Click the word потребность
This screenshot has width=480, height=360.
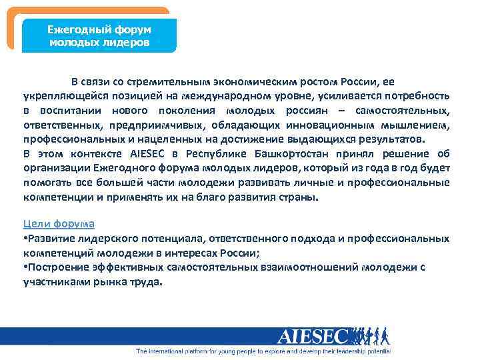pos(417,97)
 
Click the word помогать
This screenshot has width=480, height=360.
pos(47,183)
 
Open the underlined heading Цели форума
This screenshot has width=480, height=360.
pos(59,224)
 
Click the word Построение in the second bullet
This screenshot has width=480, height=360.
pos(58,267)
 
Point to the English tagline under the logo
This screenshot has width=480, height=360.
pos(263,351)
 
